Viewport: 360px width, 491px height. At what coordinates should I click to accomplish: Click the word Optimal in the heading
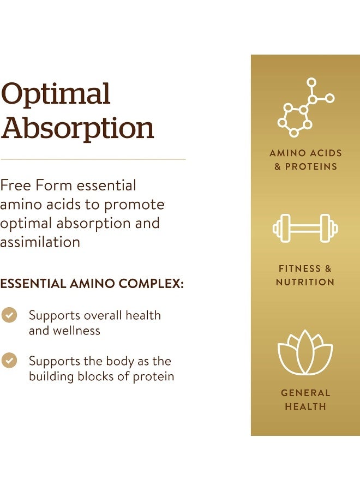56,95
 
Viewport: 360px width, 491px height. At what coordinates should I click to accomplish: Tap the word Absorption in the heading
77,129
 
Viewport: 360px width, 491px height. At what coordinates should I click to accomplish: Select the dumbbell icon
305,228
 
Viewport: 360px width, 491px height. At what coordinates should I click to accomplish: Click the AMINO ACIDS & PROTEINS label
305,160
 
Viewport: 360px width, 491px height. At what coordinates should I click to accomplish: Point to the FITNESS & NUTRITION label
305,276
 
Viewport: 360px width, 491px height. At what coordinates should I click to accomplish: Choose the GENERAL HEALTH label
305,399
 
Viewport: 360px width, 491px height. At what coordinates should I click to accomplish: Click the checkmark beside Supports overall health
9,315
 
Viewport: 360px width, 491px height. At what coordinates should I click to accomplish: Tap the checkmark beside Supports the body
9,361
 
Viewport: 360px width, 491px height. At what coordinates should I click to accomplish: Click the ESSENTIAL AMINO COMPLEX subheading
92,284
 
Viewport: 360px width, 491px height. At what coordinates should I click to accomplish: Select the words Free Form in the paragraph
36,185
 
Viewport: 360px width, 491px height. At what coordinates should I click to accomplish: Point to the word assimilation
40,242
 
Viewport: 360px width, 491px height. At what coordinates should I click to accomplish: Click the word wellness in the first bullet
76,331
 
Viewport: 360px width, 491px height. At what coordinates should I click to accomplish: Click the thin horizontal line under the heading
93,159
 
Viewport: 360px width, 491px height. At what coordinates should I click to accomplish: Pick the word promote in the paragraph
134,205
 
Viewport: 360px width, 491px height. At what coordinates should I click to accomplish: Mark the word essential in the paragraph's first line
106,185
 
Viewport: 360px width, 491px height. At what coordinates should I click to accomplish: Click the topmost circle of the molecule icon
311,82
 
